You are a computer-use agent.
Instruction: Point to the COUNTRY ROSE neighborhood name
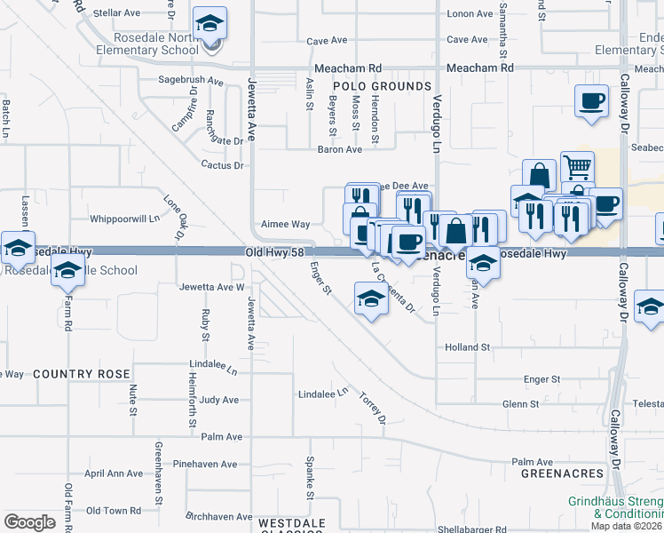82,374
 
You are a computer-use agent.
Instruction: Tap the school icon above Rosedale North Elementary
210,23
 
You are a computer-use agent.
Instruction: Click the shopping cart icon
577,166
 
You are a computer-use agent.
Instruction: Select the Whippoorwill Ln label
124,219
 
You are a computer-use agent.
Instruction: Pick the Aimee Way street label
285,225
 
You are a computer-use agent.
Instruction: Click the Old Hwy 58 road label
275,254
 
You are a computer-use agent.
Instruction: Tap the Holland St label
468,347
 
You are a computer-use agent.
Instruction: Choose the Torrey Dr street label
373,406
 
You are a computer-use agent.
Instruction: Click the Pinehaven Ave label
205,465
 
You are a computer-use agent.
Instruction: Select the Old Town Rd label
114,511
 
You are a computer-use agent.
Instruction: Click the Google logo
29,522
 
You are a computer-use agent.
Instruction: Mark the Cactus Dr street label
222,165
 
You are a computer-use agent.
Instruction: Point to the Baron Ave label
340,150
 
